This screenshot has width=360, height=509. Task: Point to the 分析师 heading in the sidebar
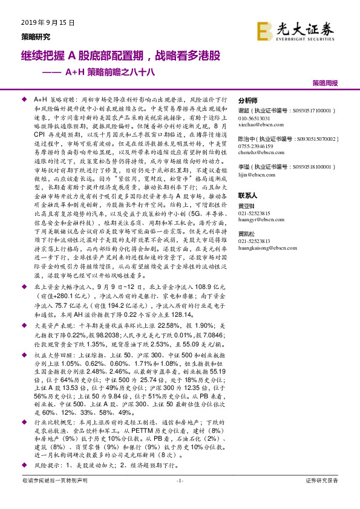248,100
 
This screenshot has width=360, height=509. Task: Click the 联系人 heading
248,196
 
